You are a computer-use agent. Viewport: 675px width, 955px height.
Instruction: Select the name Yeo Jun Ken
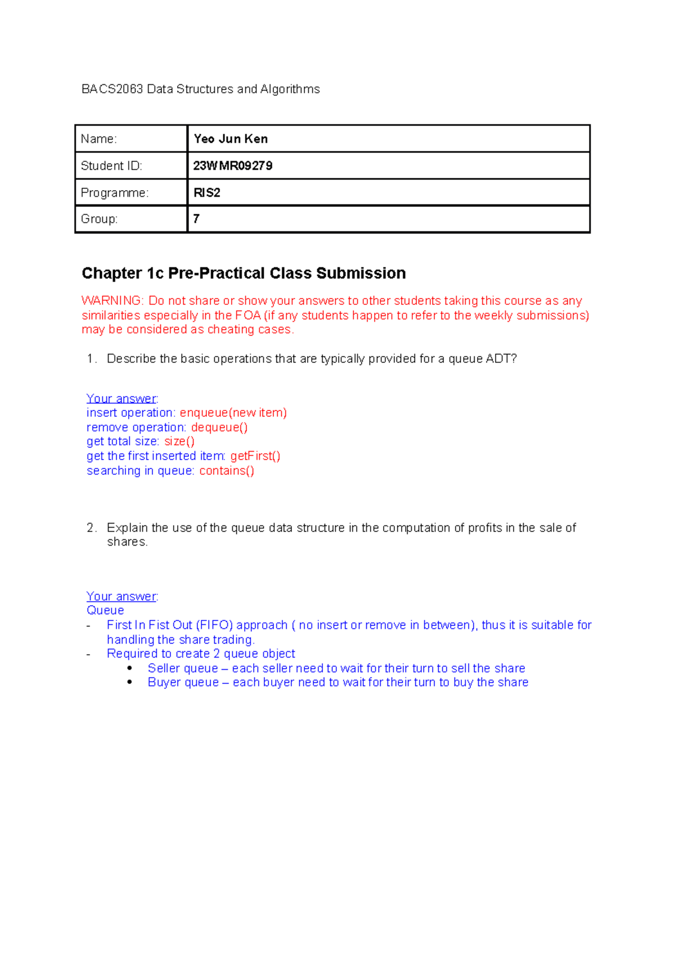click(231, 139)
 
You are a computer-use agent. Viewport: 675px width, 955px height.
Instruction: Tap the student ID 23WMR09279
click(233, 166)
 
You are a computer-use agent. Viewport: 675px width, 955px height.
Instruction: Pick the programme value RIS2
click(207, 193)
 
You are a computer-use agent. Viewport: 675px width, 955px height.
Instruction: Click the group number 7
click(196, 219)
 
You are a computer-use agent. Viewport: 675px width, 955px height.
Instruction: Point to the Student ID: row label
click(111, 166)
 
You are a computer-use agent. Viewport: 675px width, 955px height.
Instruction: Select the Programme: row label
click(115, 193)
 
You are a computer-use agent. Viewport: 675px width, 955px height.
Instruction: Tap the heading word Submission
click(361, 273)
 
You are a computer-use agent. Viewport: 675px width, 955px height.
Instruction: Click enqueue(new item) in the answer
click(233, 413)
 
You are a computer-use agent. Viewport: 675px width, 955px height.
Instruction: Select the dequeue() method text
click(219, 427)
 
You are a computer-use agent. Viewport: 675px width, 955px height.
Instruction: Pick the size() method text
click(179, 442)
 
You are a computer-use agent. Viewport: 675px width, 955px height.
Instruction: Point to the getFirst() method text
click(255, 456)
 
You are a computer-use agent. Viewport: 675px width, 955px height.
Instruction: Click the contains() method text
click(227, 471)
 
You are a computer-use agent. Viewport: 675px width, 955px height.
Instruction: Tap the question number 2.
click(91, 528)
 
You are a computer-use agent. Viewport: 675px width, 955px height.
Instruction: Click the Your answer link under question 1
click(121, 399)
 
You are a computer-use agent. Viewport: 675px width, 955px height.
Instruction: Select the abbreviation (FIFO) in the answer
click(214, 625)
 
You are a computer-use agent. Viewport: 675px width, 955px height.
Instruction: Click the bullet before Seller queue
click(130, 668)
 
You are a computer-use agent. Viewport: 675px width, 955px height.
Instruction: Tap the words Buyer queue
click(183, 682)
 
